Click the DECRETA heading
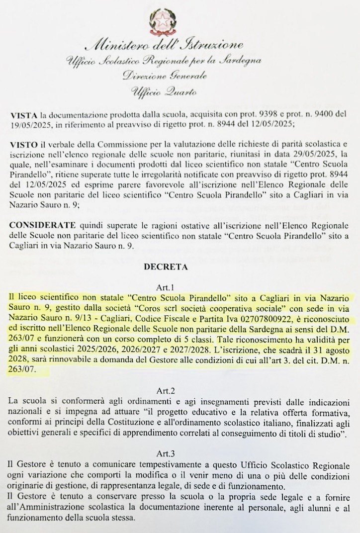pyautogui.click(x=165, y=267)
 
